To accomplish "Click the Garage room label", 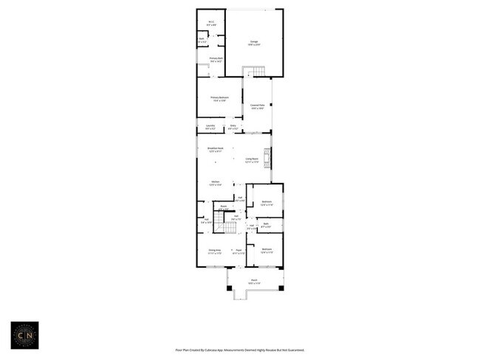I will click(253, 44).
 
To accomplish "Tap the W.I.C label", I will click(211, 22).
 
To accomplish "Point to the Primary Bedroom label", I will click(219, 99).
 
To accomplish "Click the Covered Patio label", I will click(257, 107).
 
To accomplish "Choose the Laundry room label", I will click(210, 127).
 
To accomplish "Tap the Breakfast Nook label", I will click(216, 150).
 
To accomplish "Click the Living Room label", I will click(252, 160).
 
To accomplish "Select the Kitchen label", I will click(215, 183).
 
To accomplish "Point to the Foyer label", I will click(239, 251).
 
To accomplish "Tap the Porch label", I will click(253, 281).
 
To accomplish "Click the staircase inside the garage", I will click(254, 71).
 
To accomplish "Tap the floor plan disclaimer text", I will click(239, 350).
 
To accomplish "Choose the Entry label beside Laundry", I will click(233, 127).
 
